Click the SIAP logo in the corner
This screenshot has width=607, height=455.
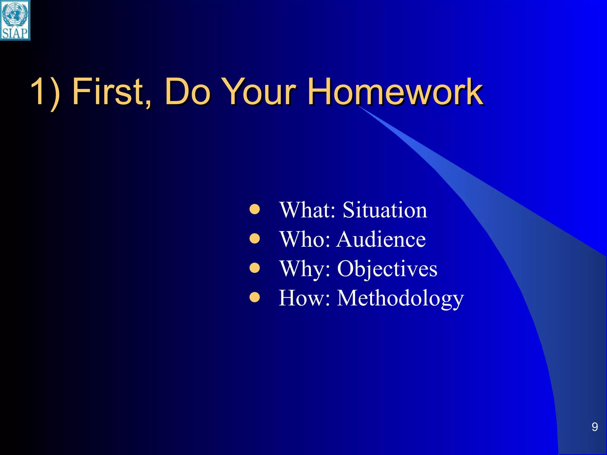(x=15, y=20)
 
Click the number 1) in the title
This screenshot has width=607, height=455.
(x=45, y=92)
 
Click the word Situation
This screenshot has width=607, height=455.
(x=385, y=210)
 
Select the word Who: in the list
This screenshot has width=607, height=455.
(x=305, y=239)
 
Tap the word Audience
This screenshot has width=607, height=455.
(x=381, y=239)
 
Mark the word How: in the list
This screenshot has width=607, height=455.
(x=304, y=298)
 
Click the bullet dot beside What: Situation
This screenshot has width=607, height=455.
(x=255, y=209)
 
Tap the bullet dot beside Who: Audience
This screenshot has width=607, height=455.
(x=255, y=238)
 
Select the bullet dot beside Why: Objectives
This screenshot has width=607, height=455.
(x=255, y=268)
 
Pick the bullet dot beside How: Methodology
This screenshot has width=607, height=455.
(x=255, y=297)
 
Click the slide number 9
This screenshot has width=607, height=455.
(x=595, y=427)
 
